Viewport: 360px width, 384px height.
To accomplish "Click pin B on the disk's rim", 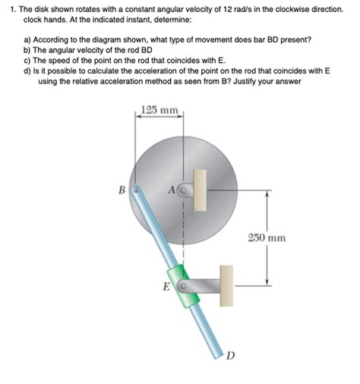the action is pos(134,191).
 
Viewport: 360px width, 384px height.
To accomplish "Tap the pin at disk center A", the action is pos(183,190).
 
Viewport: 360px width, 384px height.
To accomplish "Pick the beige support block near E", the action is pos(226,285).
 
